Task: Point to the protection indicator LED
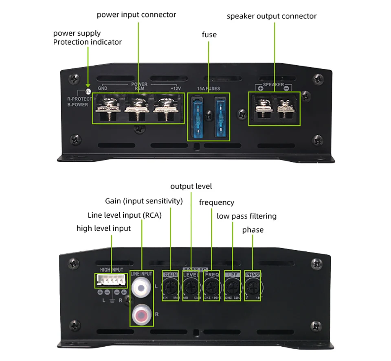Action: (x=87, y=91)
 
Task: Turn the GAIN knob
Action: (x=170, y=288)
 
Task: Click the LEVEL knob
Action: (x=191, y=288)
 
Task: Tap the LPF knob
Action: (x=232, y=288)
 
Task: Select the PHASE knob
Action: (x=253, y=288)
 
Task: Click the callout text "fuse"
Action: (x=209, y=35)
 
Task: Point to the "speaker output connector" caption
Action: (x=272, y=16)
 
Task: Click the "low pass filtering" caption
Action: (x=246, y=216)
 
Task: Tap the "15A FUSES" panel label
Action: (x=209, y=88)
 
